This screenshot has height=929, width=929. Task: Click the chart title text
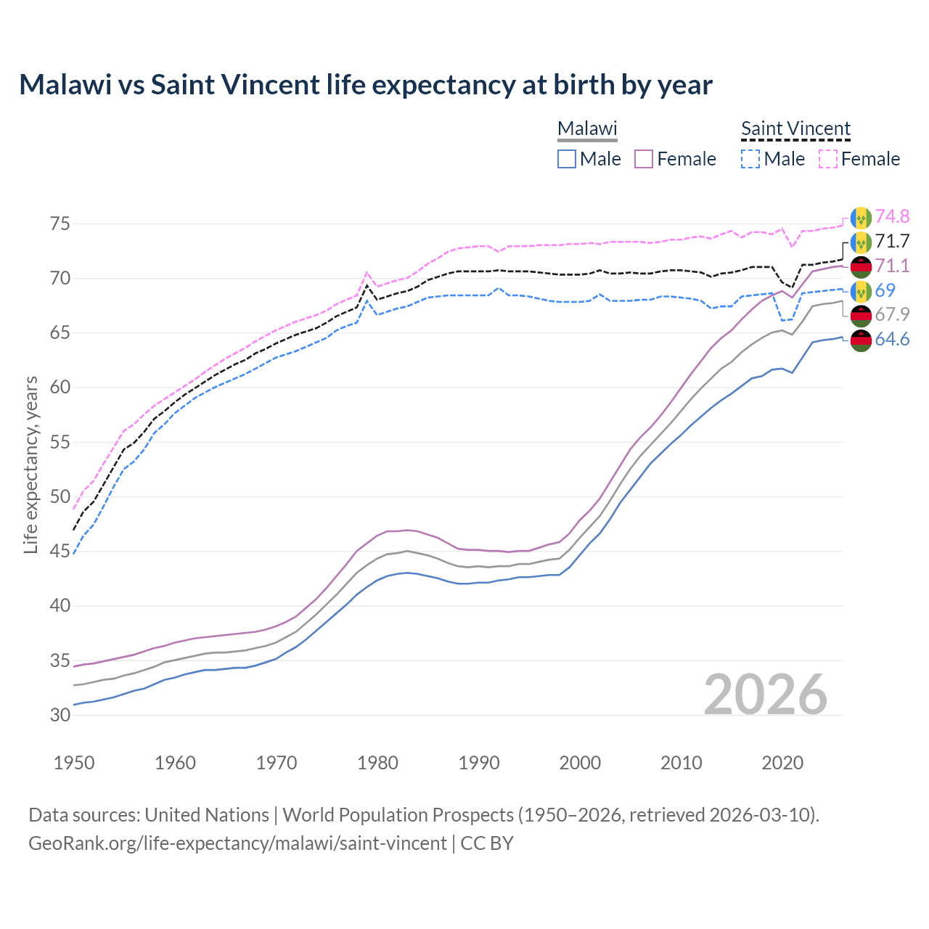(366, 85)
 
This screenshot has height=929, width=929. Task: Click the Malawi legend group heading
(587, 128)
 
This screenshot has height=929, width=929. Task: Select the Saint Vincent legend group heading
(795, 128)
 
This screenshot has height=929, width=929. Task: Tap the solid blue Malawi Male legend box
(567, 159)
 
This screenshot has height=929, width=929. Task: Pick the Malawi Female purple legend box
(644, 159)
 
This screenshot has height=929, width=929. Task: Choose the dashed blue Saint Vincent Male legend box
(750, 159)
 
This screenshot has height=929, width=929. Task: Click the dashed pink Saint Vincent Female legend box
(828, 159)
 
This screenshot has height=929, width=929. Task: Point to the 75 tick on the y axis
(60, 224)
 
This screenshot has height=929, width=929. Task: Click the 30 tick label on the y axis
(60, 715)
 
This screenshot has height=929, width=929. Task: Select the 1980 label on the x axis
(377, 763)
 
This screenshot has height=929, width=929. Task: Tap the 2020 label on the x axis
(782, 763)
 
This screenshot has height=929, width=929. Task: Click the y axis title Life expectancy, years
(31, 464)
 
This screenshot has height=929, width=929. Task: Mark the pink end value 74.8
(892, 216)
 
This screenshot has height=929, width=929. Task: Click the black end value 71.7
(892, 241)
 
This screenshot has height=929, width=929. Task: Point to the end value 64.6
(892, 339)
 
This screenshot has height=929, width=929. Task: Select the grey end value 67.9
(892, 314)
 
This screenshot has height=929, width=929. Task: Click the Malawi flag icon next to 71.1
(861, 266)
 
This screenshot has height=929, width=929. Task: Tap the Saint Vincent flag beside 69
(861, 290)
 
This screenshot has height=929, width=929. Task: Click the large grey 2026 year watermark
(766, 695)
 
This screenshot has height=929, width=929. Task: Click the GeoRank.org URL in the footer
(237, 843)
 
